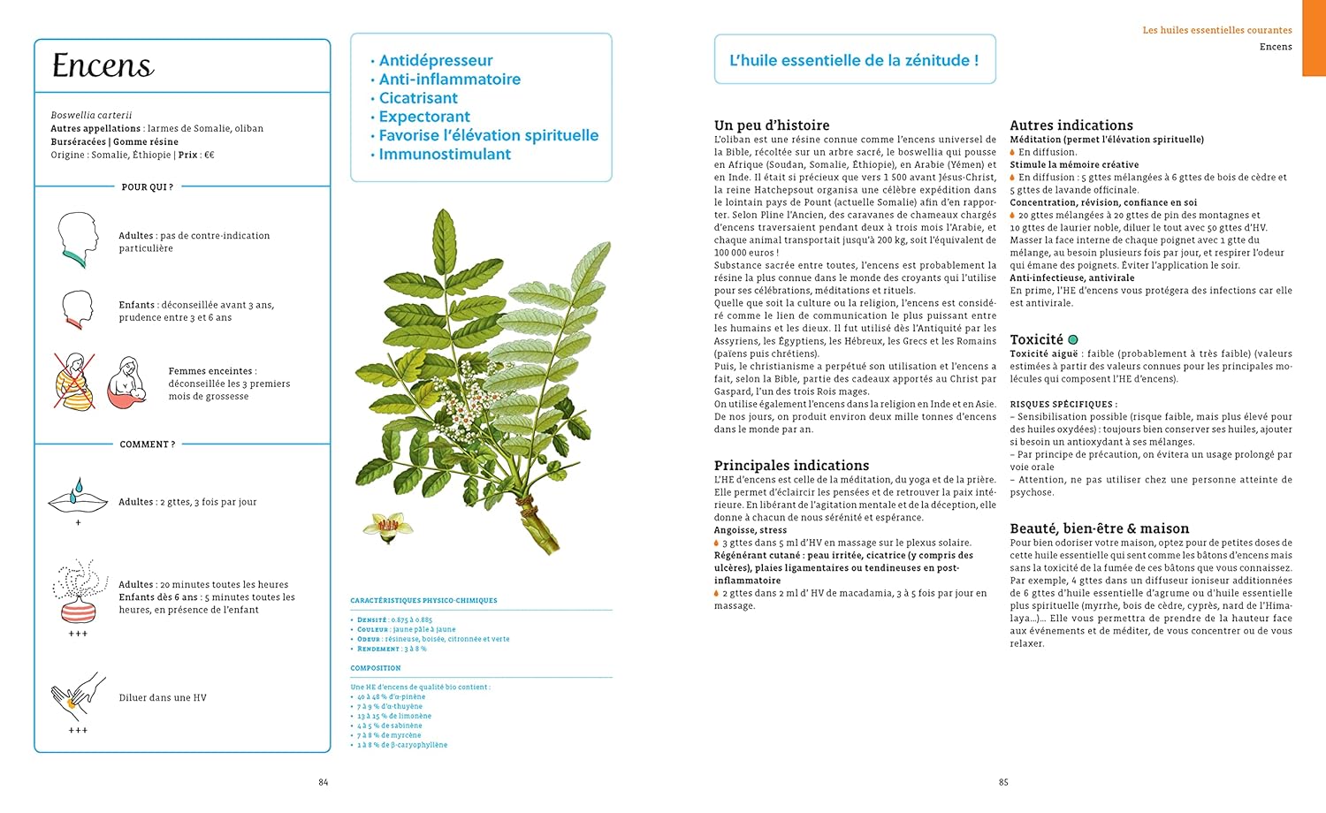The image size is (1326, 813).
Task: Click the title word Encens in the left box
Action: tap(103, 65)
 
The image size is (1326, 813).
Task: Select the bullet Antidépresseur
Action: tap(436, 60)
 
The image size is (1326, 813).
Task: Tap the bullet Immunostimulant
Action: tap(445, 154)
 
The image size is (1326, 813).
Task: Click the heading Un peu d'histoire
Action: tap(772, 125)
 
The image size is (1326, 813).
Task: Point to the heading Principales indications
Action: tap(791, 466)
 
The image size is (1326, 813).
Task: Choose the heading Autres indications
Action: tap(1071, 125)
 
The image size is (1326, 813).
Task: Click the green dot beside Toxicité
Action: tap(1073, 339)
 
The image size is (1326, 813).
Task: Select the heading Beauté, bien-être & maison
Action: tap(1100, 528)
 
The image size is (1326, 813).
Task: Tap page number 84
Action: tap(324, 782)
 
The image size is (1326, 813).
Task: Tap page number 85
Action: tap(1003, 782)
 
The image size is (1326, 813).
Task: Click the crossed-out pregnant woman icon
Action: tap(75, 382)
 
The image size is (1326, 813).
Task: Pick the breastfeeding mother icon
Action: tap(128, 383)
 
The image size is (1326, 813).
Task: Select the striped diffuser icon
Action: tap(79, 592)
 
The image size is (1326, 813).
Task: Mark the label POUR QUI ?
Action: tap(147, 187)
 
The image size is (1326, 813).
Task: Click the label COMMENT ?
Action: tap(148, 444)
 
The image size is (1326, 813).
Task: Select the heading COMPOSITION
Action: tap(376, 668)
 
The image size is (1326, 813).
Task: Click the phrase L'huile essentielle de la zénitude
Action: tap(854, 60)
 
